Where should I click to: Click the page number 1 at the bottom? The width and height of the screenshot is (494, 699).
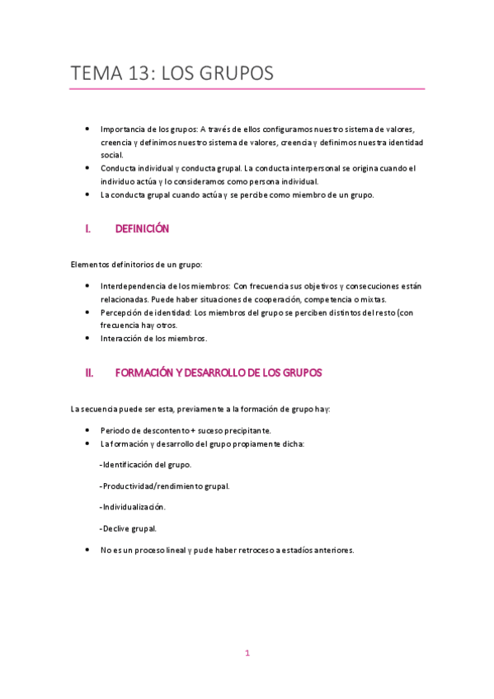click(x=247, y=654)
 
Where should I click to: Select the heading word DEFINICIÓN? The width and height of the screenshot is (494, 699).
click(x=142, y=229)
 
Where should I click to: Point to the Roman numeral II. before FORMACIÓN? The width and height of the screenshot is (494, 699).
click(x=91, y=373)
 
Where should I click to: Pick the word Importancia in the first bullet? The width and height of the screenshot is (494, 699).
click(x=121, y=129)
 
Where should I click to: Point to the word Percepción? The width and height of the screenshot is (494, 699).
click(x=121, y=313)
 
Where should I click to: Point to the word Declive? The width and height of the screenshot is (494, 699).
click(x=116, y=528)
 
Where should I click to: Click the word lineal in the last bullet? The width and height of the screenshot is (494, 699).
click(x=176, y=550)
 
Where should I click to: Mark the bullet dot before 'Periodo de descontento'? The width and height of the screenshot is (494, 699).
click(x=88, y=430)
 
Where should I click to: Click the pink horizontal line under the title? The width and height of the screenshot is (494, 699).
click(x=247, y=89)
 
